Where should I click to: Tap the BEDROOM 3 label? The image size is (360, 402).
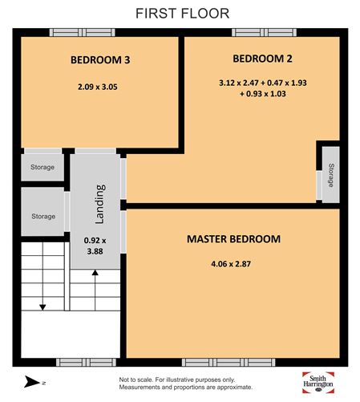99,60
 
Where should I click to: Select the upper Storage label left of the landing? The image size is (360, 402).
42,167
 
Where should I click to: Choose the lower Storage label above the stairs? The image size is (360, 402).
43,216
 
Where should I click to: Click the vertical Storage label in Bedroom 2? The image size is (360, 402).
330,173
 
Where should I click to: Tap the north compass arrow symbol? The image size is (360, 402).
30,380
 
